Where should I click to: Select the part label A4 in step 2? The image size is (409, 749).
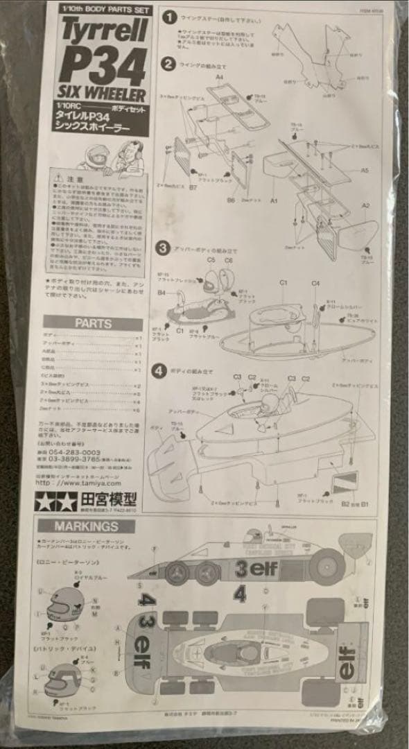point(220,78)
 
